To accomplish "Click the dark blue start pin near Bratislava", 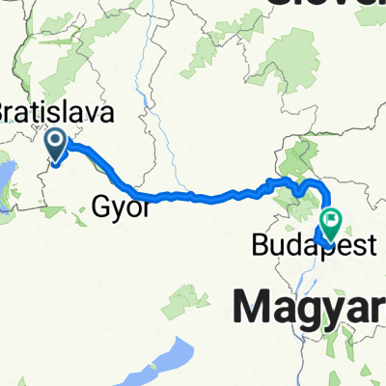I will point(56,148).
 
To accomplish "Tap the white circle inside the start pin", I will point(56,143).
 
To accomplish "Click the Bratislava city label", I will point(57,112).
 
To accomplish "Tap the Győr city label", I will point(120,205).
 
